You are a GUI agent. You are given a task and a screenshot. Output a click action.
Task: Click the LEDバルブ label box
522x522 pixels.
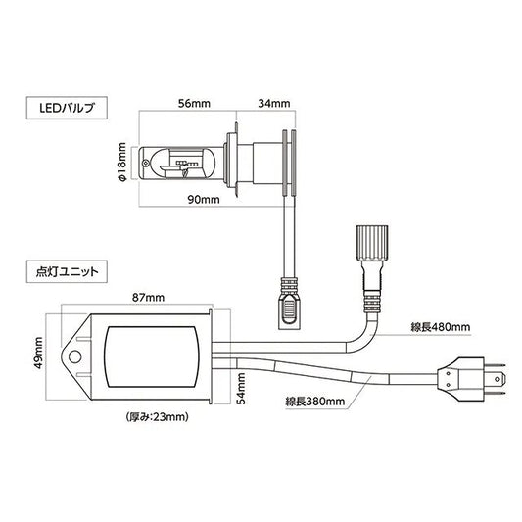[x=67, y=108]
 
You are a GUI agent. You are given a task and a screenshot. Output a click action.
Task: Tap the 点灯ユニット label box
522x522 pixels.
[x=67, y=271]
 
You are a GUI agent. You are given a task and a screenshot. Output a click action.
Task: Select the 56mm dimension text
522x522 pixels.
[x=194, y=103]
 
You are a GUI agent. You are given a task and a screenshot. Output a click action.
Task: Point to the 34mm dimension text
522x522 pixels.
[x=274, y=103]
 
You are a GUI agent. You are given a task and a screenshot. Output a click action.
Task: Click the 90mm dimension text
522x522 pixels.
[x=204, y=200]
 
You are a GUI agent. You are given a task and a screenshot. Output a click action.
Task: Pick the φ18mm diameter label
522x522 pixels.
[x=122, y=163]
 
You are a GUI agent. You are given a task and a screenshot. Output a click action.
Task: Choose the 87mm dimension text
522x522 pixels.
[x=148, y=297]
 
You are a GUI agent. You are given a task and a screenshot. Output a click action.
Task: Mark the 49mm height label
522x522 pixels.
[x=38, y=353]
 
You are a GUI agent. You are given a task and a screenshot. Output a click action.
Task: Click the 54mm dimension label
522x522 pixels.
[x=241, y=389]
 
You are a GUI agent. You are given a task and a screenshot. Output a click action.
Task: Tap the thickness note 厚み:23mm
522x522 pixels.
[x=158, y=417]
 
